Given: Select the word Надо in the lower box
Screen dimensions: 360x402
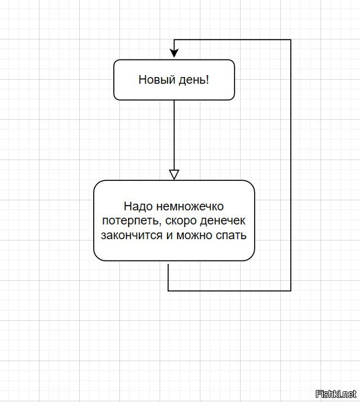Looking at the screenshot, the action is (x=138, y=206).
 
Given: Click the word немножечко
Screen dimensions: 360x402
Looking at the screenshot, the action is (x=190, y=206).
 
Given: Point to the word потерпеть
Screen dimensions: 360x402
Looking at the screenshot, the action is (x=131, y=221).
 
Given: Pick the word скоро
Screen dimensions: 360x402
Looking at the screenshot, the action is (x=180, y=220).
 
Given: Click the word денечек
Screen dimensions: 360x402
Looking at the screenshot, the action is (x=223, y=220).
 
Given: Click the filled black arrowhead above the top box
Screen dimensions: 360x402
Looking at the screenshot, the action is (x=174, y=54).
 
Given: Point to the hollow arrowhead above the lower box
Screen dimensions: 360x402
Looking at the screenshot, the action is (x=174, y=175).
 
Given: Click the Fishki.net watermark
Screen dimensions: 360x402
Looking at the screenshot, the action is (x=336, y=393).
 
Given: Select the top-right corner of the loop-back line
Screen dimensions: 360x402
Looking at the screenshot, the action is (x=291, y=40).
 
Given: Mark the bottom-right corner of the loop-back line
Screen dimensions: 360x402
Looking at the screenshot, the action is (x=291, y=291).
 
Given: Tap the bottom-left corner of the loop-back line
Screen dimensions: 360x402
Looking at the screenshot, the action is (x=168, y=291).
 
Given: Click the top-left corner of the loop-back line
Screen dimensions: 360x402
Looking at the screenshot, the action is (x=174, y=40).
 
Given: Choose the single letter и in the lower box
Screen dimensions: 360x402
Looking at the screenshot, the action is (x=170, y=236).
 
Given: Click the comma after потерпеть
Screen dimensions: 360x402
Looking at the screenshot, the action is (x=160, y=224).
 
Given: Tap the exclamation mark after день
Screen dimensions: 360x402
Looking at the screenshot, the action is (x=208, y=80).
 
